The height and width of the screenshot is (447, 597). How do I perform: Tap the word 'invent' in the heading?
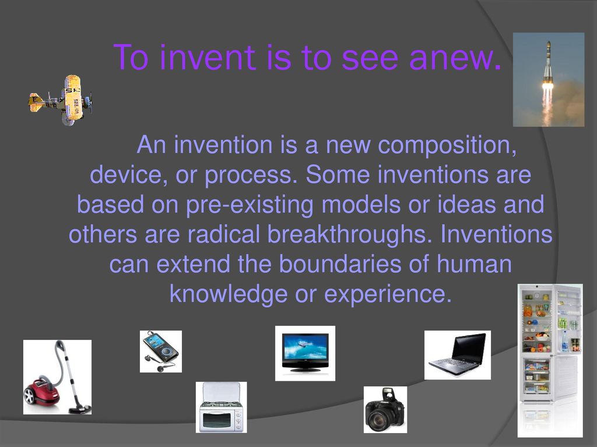tap(207, 57)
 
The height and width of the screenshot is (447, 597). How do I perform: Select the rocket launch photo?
tap(549, 79)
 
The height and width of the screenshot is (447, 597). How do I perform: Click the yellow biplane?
tap(60, 100)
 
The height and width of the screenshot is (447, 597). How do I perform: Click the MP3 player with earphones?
tap(161, 352)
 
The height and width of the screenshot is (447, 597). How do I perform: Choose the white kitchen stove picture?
tap(221, 407)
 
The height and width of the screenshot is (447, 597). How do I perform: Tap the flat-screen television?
tap(305, 353)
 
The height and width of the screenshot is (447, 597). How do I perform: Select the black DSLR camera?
tap(385, 410)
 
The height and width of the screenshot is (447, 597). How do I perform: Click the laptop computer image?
tap(458, 354)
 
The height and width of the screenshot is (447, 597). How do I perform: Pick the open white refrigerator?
tap(550, 360)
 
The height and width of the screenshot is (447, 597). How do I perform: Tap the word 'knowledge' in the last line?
tap(229, 295)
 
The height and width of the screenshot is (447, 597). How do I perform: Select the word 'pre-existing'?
tap(250, 205)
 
